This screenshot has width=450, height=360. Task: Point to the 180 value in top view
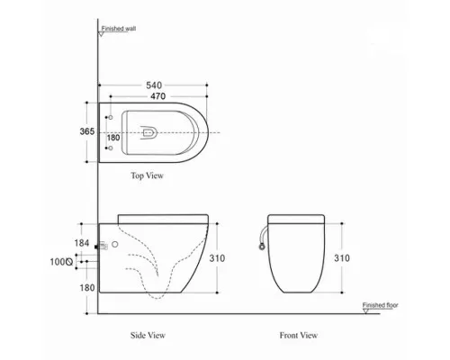tap(113, 138)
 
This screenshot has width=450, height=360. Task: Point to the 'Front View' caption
tap(299, 335)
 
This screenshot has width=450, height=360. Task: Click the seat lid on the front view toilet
tap(298, 217)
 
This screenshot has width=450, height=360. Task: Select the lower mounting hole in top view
tap(110, 148)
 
